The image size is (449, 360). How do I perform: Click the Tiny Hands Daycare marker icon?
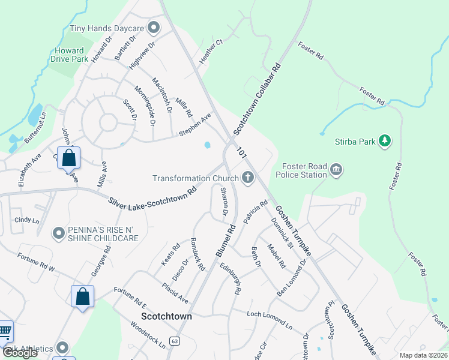(x=154, y=27)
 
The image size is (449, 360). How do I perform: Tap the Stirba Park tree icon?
(x=385, y=141)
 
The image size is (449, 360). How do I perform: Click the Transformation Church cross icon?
(x=247, y=177)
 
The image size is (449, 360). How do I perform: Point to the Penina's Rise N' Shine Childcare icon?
(x=58, y=233)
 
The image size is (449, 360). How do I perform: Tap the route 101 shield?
(x=242, y=152)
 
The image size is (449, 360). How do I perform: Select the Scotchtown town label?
(x=166, y=316)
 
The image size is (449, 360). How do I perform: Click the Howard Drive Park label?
(x=72, y=55)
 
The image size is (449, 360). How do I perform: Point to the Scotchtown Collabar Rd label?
(x=258, y=99)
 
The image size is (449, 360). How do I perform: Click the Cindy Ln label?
(x=26, y=220)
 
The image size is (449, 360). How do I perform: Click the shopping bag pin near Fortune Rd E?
(x=82, y=296)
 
